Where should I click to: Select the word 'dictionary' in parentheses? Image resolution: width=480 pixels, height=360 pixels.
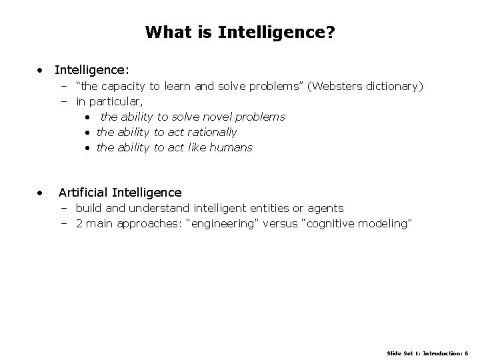click(x=393, y=86)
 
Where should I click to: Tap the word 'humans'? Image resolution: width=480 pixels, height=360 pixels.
click(x=232, y=147)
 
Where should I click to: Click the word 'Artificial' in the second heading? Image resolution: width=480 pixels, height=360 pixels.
click(x=83, y=193)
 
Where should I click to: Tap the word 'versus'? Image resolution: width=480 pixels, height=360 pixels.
click(x=280, y=224)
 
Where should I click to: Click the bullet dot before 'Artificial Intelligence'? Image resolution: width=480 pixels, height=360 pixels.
click(x=41, y=193)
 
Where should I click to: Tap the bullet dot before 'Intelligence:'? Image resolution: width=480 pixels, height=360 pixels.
click(x=41, y=69)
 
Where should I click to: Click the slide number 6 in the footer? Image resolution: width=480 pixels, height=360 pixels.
click(x=467, y=351)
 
